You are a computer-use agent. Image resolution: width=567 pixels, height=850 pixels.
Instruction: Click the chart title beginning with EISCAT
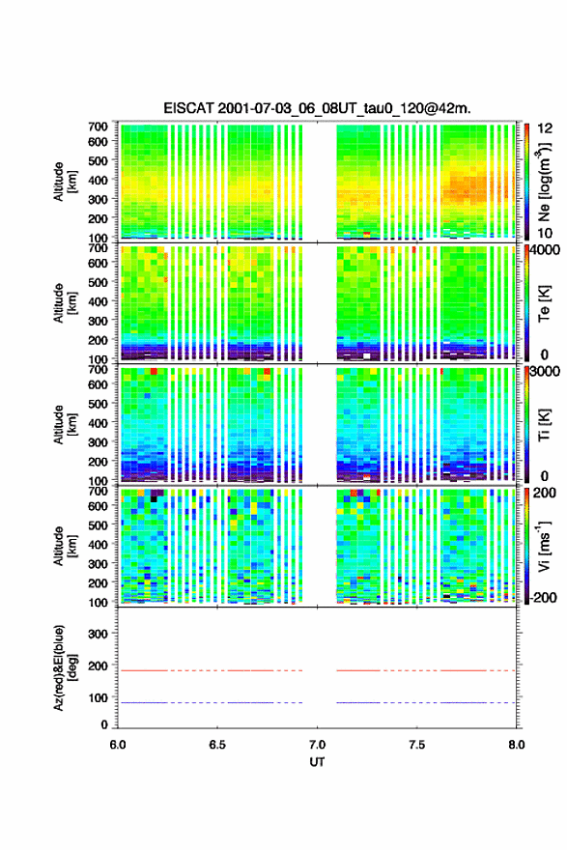317,108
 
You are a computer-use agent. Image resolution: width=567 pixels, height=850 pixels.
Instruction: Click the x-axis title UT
317,762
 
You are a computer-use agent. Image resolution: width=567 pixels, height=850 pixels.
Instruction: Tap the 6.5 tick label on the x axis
216,745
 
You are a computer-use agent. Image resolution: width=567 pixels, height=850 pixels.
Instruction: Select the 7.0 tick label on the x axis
317,745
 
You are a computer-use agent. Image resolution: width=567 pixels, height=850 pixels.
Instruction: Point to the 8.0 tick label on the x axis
517,745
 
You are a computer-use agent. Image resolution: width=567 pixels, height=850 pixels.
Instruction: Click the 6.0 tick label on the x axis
118,745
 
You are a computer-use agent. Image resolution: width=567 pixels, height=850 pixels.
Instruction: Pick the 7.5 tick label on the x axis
417,745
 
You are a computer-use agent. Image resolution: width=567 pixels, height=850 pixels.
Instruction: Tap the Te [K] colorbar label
544,303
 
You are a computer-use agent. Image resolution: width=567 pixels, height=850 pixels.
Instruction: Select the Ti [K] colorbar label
544,425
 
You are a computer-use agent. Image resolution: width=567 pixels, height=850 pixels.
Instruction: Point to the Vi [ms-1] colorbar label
544,546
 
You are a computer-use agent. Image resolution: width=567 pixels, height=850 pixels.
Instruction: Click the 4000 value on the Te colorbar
546,250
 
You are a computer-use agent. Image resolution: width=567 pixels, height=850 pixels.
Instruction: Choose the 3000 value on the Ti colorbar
546,372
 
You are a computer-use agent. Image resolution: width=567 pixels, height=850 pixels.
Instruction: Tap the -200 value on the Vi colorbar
544,597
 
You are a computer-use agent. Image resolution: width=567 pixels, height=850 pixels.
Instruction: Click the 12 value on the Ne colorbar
546,128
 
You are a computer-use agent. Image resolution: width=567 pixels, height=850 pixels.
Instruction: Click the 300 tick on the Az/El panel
99,634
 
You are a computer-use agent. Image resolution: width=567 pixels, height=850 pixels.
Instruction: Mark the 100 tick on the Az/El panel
99,697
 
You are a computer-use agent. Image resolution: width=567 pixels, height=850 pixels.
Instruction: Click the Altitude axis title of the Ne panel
65,182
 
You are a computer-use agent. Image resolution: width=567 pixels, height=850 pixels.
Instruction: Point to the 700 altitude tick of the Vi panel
99,491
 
